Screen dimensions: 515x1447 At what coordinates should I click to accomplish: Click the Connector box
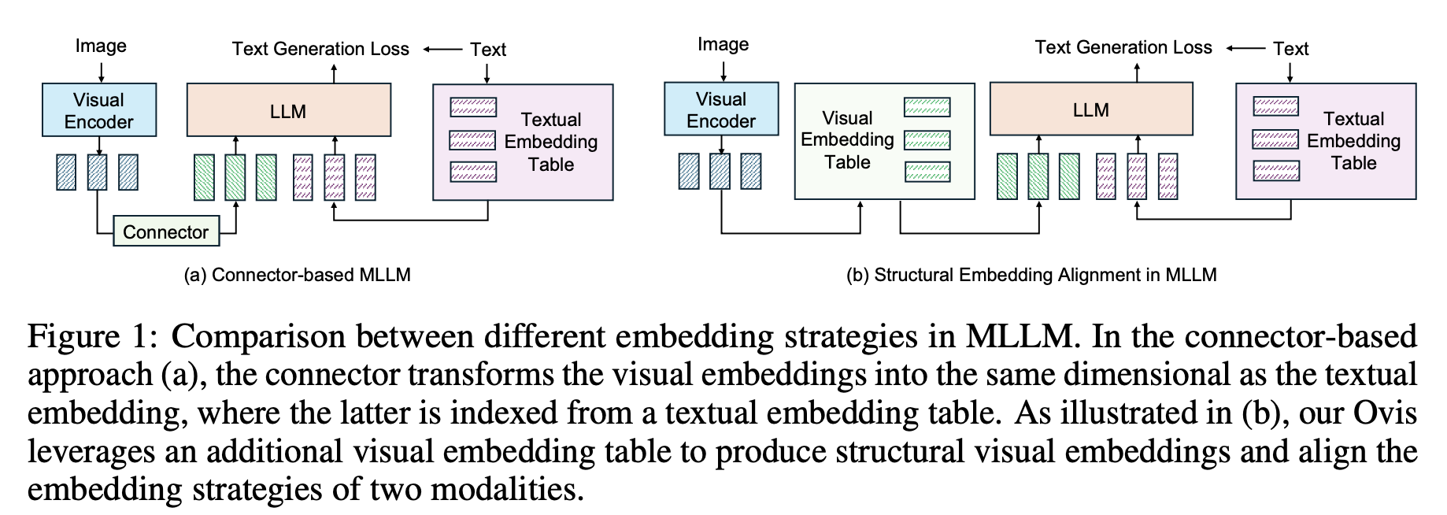[x=165, y=232]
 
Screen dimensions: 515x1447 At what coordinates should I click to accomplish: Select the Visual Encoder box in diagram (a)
[x=99, y=110]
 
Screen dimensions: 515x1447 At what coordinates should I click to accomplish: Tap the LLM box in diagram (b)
[x=1090, y=109]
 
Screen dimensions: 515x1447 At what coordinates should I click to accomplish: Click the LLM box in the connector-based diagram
[x=288, y=111]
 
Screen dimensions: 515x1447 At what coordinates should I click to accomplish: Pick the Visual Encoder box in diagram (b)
[x=721, y=109]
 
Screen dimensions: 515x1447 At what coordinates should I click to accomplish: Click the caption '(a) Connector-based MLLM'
[x=297, y=275]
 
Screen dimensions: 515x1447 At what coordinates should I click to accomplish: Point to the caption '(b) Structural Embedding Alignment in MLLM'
[x=1031, y=275]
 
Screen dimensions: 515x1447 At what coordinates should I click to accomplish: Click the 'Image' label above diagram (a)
[x=101, y=46]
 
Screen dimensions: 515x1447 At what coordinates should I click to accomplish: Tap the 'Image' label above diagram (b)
[x=723, y=44]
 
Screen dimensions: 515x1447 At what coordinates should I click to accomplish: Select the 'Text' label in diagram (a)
[x=488, y=49]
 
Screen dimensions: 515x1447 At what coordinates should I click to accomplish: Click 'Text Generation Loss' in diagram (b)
[x=1123, y=47]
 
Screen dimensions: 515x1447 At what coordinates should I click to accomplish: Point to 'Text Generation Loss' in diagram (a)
[x=320, y=49]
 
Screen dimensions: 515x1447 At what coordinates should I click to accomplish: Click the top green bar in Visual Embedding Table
[x=927, y=106]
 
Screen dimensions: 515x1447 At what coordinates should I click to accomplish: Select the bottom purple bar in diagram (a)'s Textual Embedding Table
[x=473, y=172]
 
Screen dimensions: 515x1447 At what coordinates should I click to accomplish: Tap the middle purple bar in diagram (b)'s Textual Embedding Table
[x=1275, y=139]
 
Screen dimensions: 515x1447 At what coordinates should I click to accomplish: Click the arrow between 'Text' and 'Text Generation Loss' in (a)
[x=442, y=49]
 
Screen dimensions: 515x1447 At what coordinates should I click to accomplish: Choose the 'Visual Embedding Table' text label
[x=847, y=140]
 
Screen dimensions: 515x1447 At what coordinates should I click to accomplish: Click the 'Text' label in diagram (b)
[x=1291, y=48]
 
